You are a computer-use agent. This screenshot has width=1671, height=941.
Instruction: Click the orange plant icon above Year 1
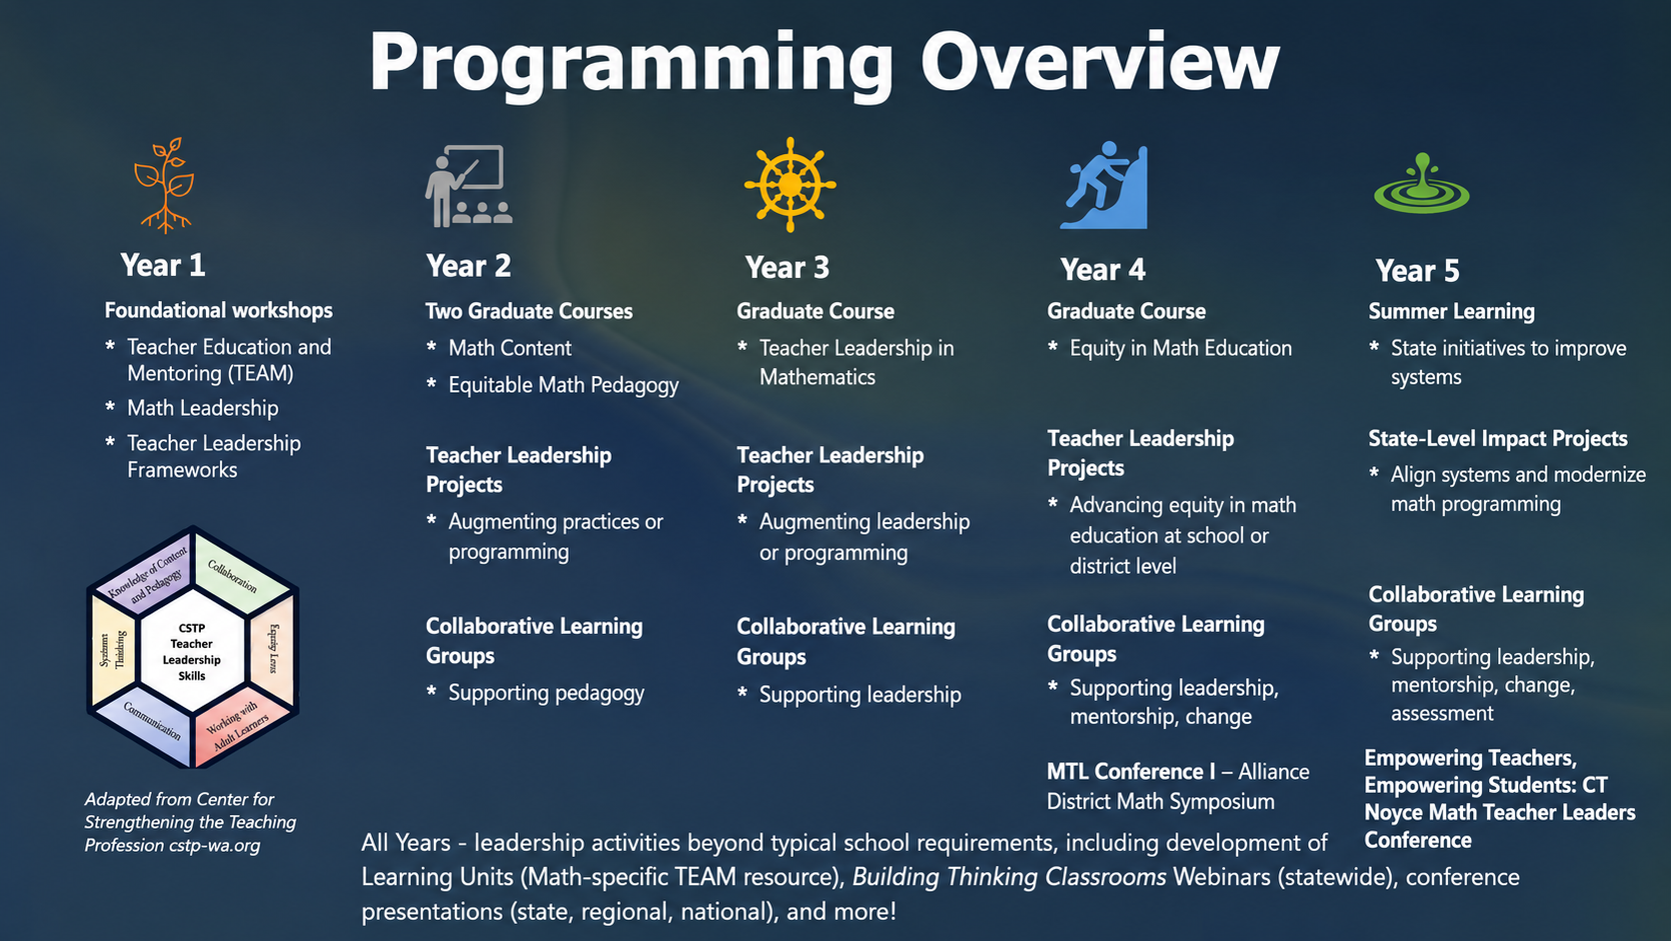[x=165, y=184]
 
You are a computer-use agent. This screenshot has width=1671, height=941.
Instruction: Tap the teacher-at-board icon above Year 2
[x=469, y=186]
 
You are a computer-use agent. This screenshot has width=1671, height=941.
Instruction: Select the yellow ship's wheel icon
[x=790, y=184]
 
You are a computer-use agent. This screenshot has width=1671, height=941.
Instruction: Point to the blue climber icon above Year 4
[x=1104, y=185]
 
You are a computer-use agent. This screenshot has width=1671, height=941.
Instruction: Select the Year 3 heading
[x=787, y=267]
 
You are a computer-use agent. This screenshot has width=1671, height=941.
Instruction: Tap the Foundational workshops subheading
[x=219, y=310]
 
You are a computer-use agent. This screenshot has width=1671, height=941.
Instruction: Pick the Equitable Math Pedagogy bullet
[x=564, y=385]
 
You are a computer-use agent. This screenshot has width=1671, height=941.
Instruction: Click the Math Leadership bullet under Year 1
[x=202, y=408]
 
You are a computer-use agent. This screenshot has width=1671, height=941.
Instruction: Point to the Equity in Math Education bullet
[x=1181, y=348]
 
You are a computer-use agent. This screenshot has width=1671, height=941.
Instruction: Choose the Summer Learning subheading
[x=1452, y=311]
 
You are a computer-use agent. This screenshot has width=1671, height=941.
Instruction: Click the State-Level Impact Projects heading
[x=1498, y=439]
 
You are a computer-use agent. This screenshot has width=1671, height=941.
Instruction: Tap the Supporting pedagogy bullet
[x=546, y=693]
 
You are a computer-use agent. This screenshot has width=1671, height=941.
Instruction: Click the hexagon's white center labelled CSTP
[x=192, y=651]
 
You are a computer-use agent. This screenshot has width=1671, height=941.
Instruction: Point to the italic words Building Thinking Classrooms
[x=1008, y=877]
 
